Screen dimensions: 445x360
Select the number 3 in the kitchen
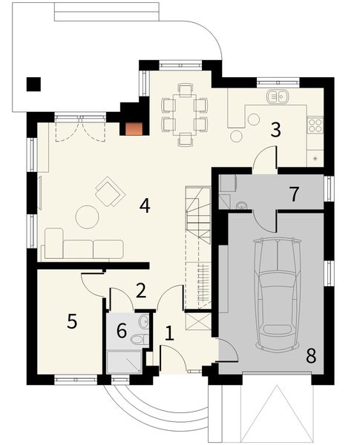pos(275,131)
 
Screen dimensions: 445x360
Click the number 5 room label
pos(72,321)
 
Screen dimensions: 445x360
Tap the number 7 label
pos(294,194)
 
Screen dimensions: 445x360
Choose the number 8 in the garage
pos(310,355)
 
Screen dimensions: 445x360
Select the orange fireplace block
pos(133,128)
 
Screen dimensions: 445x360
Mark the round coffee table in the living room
pos(88,216)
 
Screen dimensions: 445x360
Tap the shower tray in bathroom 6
pos(124,361)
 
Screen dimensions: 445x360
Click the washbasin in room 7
pos(242,204)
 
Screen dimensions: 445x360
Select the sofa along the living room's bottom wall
pos(82,245)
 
